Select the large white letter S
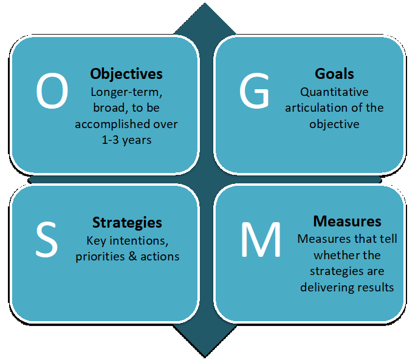(x=47, y=239)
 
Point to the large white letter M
(x=261, y=239)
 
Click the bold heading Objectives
(x=126, y=74)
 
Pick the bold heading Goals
(x=334, y=73)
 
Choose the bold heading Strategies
(x=127, y=223)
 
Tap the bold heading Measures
(x=347, y=221)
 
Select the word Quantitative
(x=334, y=92)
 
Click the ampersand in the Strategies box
(x=133, y=256)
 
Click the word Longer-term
(x=126, y=92)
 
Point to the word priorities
(x=100, y=257)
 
